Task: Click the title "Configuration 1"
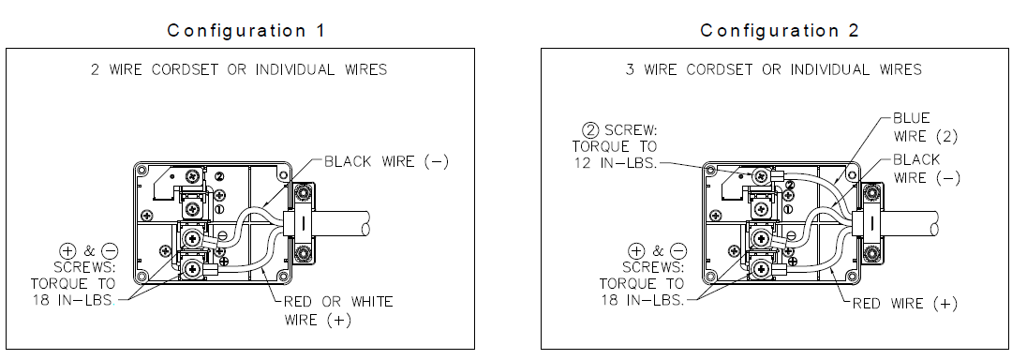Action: click(246, 30)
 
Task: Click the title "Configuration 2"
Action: click(780, 30)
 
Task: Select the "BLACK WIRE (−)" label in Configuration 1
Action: click(385, 161)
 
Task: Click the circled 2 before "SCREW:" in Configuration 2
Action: click(590, 130)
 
